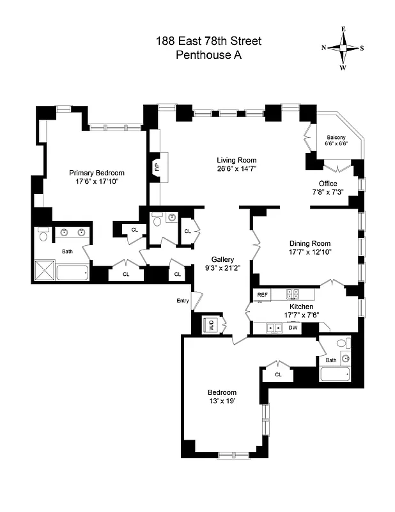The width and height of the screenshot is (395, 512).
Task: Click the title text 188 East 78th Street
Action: (208, 41)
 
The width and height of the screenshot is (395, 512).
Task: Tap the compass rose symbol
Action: (343, 48)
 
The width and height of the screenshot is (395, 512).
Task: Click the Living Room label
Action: (236, 160)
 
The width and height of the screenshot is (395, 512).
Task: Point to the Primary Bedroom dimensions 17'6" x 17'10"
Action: (97, 182)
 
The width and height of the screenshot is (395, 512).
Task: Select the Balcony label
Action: (336, 138)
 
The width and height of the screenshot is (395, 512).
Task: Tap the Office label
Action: (328, 184)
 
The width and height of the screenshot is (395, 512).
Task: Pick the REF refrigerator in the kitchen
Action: (262, 294)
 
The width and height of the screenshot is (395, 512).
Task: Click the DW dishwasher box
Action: (293, 328)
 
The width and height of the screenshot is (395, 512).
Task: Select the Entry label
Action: (183, 301)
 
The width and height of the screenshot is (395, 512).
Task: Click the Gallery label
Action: (223, 259)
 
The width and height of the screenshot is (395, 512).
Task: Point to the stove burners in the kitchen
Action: (292, 294)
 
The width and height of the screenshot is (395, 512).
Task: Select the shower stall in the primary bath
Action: (45, 270)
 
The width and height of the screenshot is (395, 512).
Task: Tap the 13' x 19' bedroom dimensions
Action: (222, 401)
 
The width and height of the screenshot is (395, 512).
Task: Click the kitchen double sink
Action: (275, 328)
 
